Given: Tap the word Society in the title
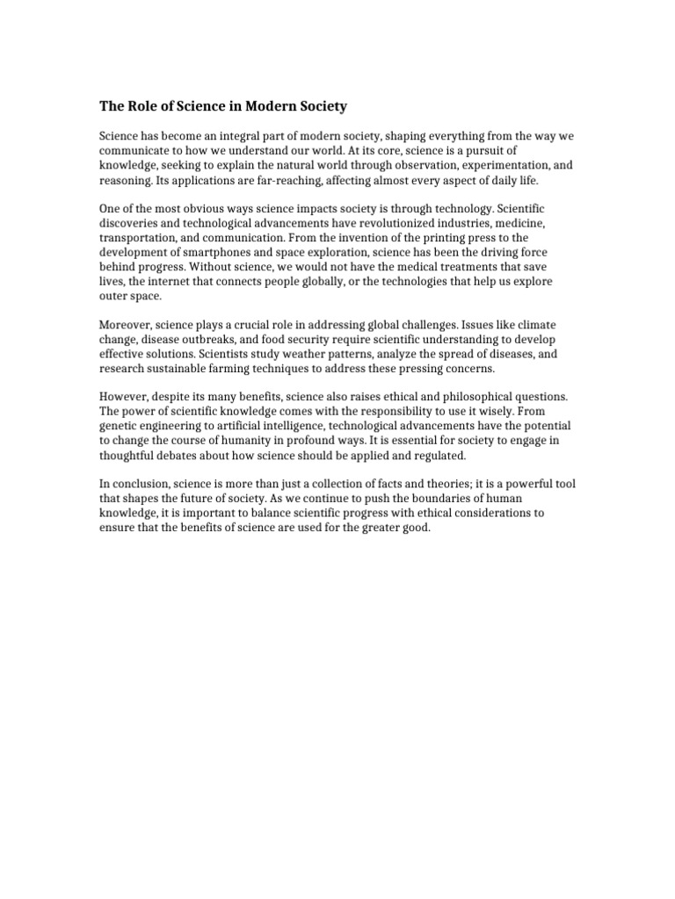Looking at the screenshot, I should point(323,107).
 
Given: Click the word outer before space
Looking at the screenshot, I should point(115,295).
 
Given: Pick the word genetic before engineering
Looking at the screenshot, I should point(119,426).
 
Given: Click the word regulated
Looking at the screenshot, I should point(438,455).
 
